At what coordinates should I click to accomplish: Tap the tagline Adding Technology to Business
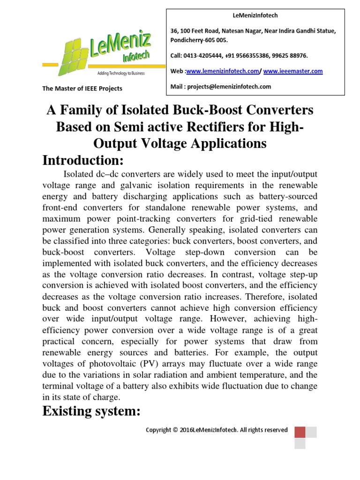[x=121, y=74]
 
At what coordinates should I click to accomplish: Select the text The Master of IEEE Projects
[x=82, y=89]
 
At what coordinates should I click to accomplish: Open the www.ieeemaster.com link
[x=293, y=71]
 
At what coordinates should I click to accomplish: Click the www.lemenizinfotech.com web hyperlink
[x=223, y=71]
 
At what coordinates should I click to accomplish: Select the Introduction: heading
[x=83, y=160]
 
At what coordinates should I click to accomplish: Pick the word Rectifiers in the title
[x=207, y=127]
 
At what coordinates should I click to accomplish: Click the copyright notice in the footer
[x=217, y=430]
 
